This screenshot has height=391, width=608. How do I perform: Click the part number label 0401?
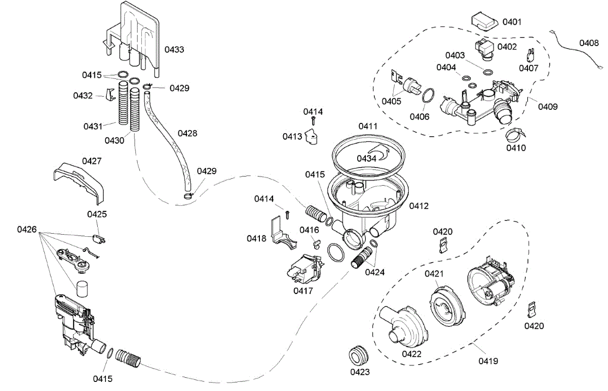coord(512,22)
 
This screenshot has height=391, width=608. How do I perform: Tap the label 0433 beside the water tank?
coord(174,50)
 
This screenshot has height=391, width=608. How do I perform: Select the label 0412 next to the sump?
coord(419,206)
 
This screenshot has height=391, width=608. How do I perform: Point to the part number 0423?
coord(360,372)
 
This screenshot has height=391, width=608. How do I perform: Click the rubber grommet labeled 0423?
coord(358,355)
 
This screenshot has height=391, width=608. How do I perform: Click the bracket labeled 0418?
coord(284,233)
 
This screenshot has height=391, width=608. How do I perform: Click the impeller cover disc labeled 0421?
coord(447,307)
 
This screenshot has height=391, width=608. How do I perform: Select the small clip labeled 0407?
coord(530,56)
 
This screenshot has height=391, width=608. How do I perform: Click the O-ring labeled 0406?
coord(428,95)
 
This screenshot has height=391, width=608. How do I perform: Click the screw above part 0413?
coord(313,121)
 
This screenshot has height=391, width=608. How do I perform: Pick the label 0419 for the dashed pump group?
coord(488,361)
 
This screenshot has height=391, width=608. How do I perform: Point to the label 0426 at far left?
coord(26,230)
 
